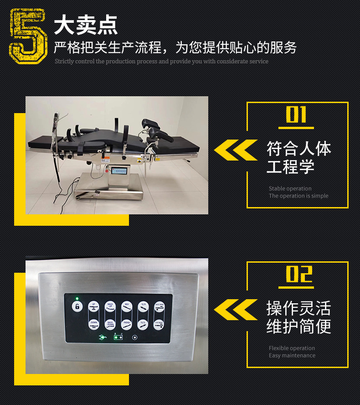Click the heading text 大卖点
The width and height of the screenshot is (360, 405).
(86, 25)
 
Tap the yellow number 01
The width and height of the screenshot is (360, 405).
(296, 114)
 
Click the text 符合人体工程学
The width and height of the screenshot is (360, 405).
(298, 157)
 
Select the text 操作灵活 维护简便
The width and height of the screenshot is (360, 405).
(298, 317)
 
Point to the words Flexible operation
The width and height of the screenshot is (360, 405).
(292, 348)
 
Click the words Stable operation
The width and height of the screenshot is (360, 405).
(290, 188)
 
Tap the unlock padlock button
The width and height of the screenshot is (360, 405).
(77, 306)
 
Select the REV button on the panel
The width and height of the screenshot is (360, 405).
(127, 307)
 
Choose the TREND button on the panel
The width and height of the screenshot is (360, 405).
(127, 325)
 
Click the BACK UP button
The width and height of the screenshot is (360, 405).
(110, 307)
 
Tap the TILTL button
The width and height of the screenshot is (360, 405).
(143, 325)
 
